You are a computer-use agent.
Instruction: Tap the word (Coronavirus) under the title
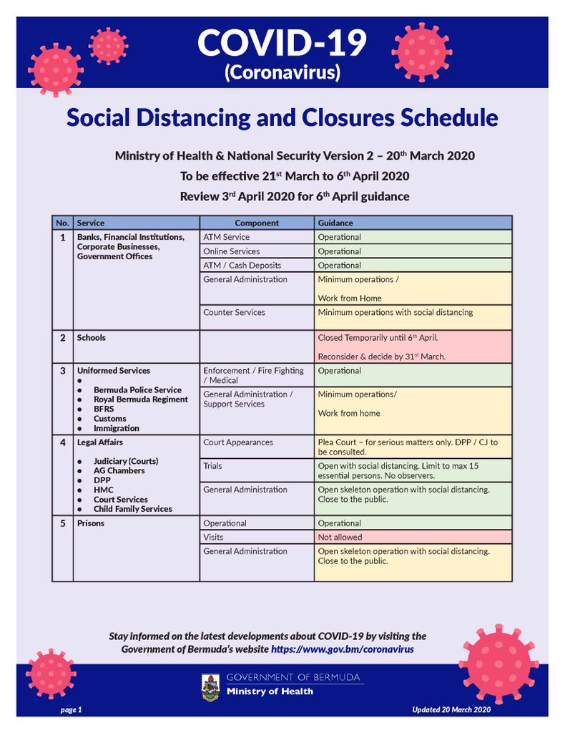[x=282, y=72]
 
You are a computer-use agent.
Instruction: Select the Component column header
[x=257, y=223]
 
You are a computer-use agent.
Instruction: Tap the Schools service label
[x=91, y=337]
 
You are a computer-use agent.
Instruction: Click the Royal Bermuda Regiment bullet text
[x=141, y=399]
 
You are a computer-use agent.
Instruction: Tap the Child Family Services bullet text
[x=133, y=509]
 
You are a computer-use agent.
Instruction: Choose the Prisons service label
[x=91, y=523]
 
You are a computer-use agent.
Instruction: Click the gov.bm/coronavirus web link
[x=342, y=649]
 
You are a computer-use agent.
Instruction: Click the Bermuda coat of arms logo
[x=210, y=685]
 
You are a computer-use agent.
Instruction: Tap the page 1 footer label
[x=71, y=709]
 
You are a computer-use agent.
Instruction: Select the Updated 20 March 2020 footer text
[x=451, y=709]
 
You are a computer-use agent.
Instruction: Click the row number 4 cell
[x=62, y=442]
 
